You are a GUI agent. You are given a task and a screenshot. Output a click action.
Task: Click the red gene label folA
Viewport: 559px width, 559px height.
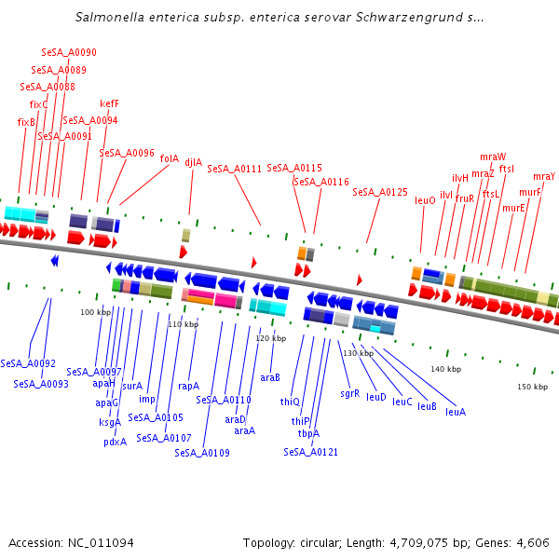[x=169, y=158]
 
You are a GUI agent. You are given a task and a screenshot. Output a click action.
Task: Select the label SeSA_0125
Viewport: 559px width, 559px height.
[x=380, y=192]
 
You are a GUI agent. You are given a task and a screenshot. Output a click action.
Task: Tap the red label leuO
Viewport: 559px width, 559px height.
[x=425, y=200]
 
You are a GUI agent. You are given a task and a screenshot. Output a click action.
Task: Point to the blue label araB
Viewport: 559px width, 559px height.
[x=270, y=377]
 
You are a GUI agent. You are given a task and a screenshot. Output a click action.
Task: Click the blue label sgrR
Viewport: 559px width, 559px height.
[x=349, y=393]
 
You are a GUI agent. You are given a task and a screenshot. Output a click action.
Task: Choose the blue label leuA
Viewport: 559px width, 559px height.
[x=456, y=412]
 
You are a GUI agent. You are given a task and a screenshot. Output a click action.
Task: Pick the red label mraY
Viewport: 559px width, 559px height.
[x=544, y=176]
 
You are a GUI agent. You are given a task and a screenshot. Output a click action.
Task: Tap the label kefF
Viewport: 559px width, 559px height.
[x=109, y=103]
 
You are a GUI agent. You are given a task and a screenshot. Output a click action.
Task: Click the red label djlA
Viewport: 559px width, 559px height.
[x=194, y=161]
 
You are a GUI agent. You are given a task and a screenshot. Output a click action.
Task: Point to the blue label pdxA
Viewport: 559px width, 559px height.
[x=115, y=442]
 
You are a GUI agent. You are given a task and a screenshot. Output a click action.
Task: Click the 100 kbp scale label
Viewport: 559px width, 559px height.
[x=95, y=312]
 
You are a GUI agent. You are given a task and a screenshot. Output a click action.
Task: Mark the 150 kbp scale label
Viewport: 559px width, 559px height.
[x=533, y=387]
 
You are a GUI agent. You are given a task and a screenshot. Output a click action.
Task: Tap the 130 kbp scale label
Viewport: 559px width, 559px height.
[x=357, y=353]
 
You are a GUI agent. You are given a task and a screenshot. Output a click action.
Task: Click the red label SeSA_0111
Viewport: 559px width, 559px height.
[x=235, y=169]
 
